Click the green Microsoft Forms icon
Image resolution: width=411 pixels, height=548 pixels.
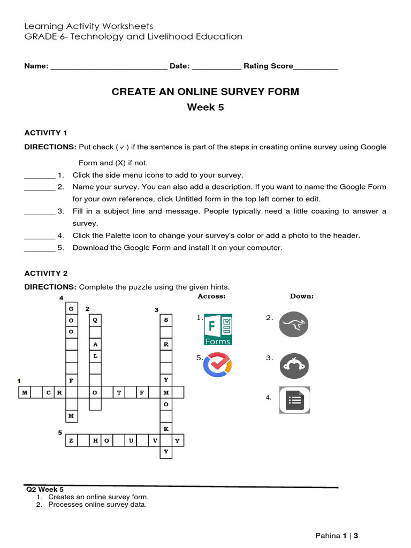click(x=218, y=330)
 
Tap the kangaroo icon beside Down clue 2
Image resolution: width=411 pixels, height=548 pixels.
click(x=294, y=324)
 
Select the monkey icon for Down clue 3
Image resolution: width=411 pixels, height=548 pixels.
click(x=294, y=366)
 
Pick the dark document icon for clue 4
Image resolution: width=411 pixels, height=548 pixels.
click(x=294, y=400)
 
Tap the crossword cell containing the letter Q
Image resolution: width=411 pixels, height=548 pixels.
click(x=95, y=320)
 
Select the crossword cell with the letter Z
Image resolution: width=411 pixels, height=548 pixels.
click(x=71, y=440)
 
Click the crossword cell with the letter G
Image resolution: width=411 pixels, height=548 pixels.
click(x=71, y=308)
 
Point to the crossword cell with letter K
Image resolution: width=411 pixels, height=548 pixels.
click(x=166, y=429)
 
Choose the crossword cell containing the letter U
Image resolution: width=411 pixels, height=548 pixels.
click(x=130, y=440)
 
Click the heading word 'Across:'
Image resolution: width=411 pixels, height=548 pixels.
click(x=211, y=296)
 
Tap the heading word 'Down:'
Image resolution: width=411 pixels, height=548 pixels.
click(x=302, y=296)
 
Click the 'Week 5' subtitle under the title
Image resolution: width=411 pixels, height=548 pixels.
click(x=205, y=107)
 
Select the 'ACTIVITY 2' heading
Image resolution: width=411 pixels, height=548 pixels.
click(x=46, y=273)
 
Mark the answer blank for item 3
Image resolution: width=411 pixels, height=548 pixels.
click(x=40, y=211)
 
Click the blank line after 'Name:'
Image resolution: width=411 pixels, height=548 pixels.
click(x=109, y=66)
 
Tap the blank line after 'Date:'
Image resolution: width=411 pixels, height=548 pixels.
click(x=216, y=66)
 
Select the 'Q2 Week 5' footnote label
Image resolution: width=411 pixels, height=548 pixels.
click(x=45, y=489)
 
